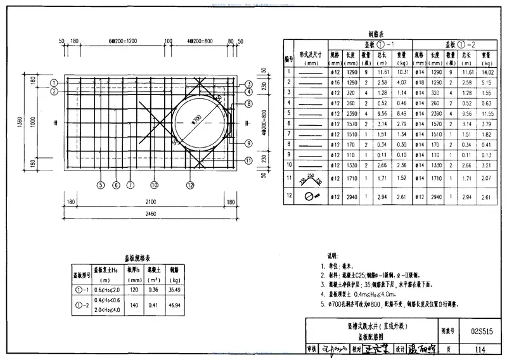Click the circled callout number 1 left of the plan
click(55, 82)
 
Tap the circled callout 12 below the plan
click(189, 186)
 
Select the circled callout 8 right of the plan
click(249, 103)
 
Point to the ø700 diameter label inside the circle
click(198, 119)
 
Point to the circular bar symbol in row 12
click(311, 198)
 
